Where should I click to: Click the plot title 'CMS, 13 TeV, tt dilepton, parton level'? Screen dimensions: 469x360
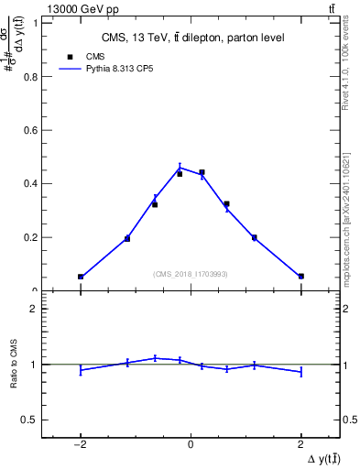[x=191, y=38]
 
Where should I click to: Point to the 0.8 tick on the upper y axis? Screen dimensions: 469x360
[x=34, y=76]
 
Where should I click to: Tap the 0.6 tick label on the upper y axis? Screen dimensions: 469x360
[x=34, y=130]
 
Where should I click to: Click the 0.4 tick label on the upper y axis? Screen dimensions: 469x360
[x=34, y=183]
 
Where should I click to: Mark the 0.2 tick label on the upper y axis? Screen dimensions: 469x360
[x=34, y=237]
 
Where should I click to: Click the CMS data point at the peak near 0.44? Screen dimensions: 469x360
[x=202, y=172]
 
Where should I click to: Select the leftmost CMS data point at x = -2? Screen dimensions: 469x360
[x=81, y=276]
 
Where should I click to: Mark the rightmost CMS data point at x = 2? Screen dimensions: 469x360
[x=300, y=276]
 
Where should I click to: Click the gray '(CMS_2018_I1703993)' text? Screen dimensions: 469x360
[x=191, y=273]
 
